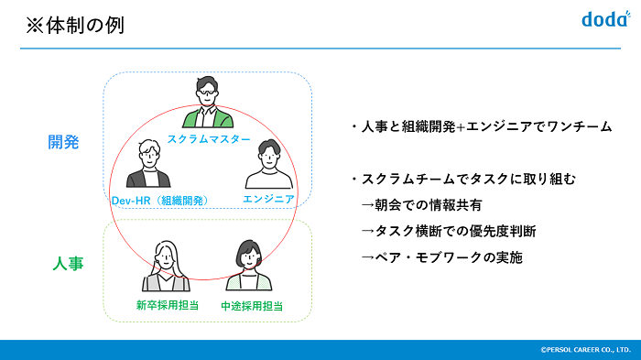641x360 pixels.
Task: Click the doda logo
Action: click(x=603, y=18)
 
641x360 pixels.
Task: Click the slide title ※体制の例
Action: click(x=73, y=25)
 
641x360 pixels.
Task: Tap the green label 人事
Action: click(x=67, y=264)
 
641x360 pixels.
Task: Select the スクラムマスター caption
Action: click(x=209, y=138)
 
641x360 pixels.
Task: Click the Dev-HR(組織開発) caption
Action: click(x=159, y=200)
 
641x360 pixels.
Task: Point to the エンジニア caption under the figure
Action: click(x=268, y=199)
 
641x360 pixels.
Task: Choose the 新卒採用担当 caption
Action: click(x=164, y=305)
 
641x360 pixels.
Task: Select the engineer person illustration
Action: click(x=267, y=164)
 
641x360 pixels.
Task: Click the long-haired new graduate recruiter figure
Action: click(x=165, y=266)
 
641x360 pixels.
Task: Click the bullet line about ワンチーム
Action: click(x=480, y=126)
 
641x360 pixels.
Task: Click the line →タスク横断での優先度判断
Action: click(x=448, y=231)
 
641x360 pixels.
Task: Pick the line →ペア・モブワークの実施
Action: click(x=441, y=257)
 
